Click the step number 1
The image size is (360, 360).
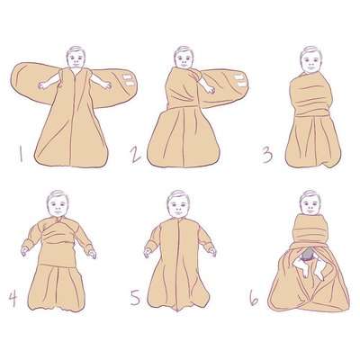(x=21, y=155)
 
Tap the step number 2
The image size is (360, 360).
(x=136, y=155)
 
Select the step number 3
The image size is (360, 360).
(x=266, y=155)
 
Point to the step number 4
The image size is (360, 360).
(x=13, y=299)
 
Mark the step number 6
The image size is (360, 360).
(x=254, y=299)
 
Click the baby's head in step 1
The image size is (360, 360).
(x=76, y=57)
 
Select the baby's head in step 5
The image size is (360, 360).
(x=178, y=204)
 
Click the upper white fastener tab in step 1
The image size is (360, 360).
(x=129, y=77)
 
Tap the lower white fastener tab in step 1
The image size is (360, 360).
(x=130, y=84)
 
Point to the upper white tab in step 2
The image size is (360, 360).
(x=238, y=77)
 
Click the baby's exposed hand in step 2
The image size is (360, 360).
(x=210, y=89)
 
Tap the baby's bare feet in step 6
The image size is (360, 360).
(x=309, y=268)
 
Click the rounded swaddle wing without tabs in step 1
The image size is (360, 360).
(x=34, y=79)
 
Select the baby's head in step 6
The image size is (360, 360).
(x=310, y=202)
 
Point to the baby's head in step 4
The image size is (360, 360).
(x=58, y=203)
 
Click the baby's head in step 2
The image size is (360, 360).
(x=184, y=57)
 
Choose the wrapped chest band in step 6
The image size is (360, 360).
(x=310, y=229)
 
